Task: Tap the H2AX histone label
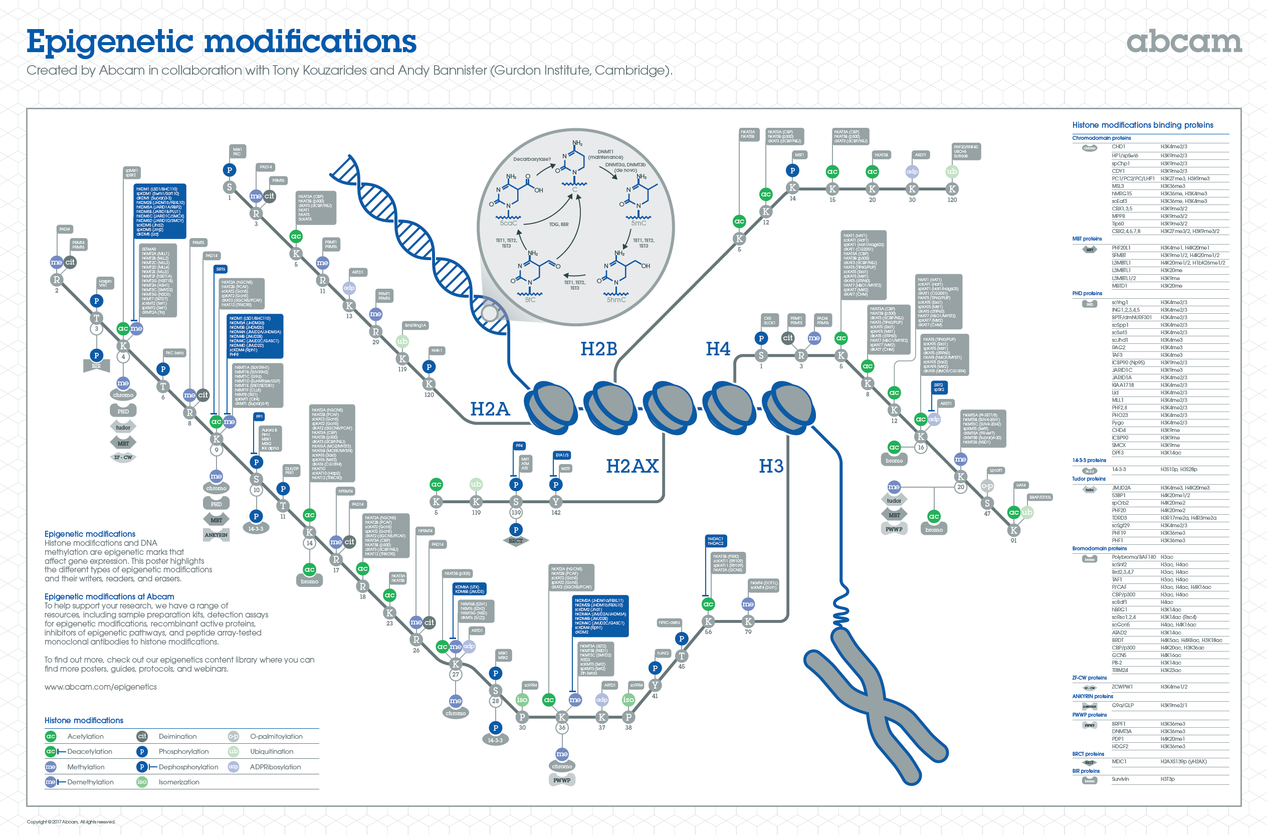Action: tap(632, 466)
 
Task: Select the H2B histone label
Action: tap(598, 349)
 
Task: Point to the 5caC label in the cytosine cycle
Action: tap(508, 223)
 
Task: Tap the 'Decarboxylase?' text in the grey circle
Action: tap(532, 159)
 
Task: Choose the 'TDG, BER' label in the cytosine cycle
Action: tap(558, 225)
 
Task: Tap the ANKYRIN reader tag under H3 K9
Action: tap(216, 535)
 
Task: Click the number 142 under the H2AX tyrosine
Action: tap(556, 513)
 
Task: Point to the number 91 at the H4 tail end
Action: tap(1013, 540)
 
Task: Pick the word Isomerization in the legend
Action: tap(179, 782)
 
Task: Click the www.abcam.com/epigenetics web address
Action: tap(101, 687)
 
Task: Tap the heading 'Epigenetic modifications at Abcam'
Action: tap(109, 597)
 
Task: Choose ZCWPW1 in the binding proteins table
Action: tap(1122, 687)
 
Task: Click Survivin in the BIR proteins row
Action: tap(1120, 779)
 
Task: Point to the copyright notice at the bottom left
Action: tap(71, 821)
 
